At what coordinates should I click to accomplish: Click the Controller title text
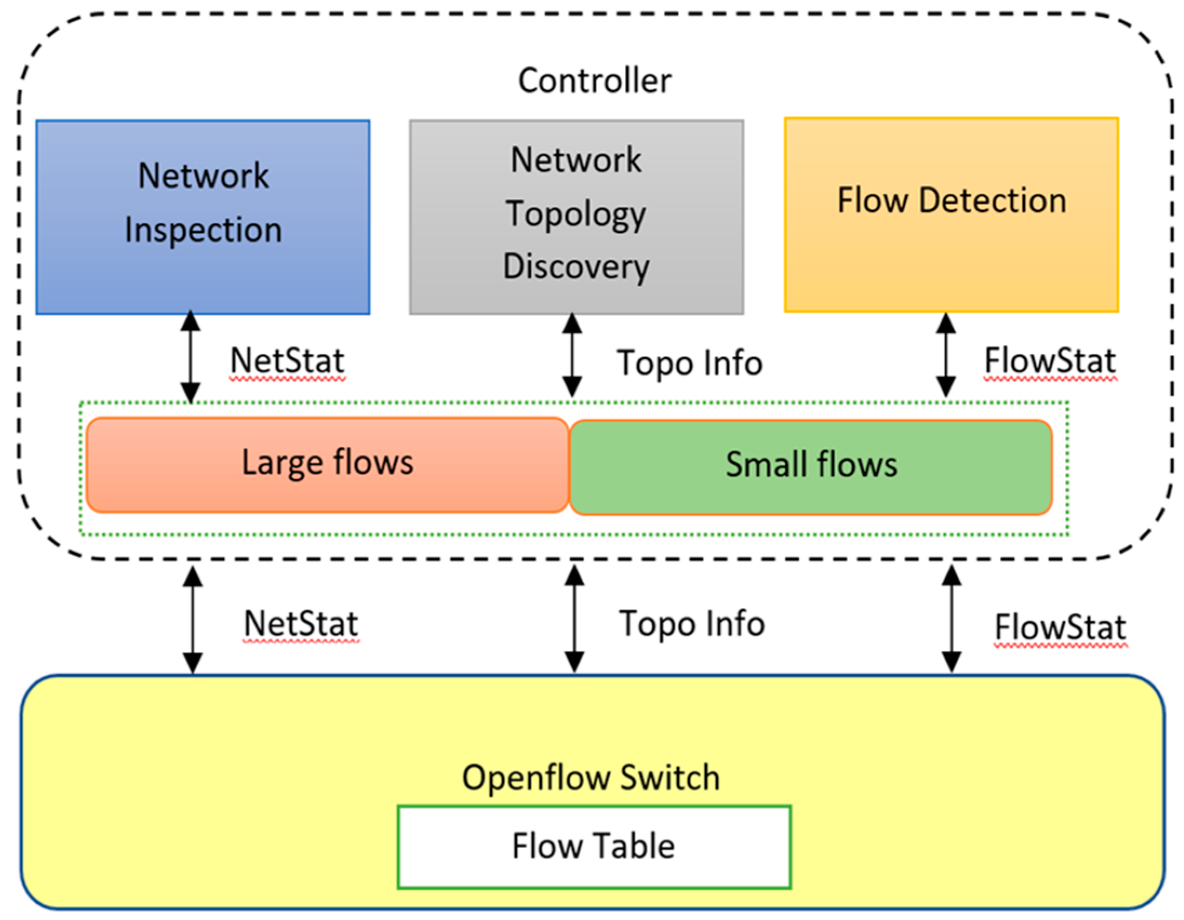coord(594,81)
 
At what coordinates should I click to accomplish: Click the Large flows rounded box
coord(327,464)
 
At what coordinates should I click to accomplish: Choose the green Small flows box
coord(811,466)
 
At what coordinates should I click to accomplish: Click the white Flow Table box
coord(594,847)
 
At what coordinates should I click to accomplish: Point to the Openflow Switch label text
coord(591,778)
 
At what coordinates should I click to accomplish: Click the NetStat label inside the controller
coord(287,361)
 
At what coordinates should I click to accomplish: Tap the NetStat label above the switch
coord(301,623)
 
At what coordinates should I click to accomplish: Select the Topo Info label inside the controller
coord(690,362)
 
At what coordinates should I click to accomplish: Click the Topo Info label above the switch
coord(692,623)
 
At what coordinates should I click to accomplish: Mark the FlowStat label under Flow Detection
coord(1049,361)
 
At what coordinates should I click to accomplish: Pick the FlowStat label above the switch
coord(1060,627)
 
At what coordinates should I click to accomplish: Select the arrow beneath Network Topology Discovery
coord(572,355)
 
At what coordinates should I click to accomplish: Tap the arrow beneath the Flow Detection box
coord(946,355)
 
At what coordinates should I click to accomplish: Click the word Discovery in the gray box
coord(576,267)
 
